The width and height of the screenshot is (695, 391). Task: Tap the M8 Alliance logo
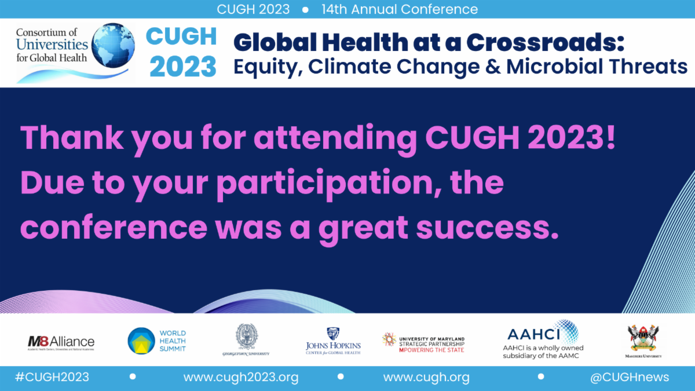pos(61,342)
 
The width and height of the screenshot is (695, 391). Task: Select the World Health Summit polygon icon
pos(141,341)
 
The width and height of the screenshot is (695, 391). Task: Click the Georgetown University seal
pos(246,336)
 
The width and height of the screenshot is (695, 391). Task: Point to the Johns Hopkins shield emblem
pos(333,334)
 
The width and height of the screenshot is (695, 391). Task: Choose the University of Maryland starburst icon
pos(389,339)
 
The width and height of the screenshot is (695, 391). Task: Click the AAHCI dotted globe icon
pos(565,332)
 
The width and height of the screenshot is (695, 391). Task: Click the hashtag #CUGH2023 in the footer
pos(52,378)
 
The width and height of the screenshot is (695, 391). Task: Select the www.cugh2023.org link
pos(241,378)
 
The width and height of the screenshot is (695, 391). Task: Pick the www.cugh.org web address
pos(426,378)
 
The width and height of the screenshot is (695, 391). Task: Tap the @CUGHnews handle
pos(630,378)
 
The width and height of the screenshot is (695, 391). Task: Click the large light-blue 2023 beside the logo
pos(183,67)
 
